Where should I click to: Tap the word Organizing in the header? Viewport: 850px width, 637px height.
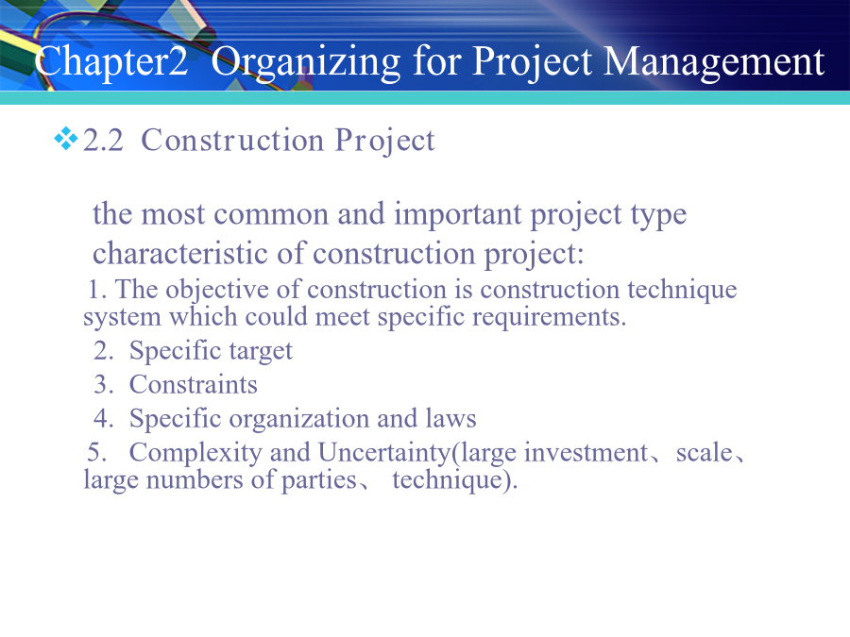[306, 62]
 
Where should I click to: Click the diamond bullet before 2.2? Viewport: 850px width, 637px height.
[65, 139]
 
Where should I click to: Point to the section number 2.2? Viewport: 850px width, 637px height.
[103, 141]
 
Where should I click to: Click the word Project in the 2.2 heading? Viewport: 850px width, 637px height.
[385, 142]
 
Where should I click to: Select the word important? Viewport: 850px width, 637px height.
[458, 214]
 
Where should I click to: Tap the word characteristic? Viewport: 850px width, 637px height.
[180, 254]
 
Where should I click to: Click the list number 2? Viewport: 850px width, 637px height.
[103, 350]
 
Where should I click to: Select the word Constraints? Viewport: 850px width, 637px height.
[193, 385]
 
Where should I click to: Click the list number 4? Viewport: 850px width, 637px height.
[103, 419]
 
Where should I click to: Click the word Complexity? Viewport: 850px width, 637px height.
[195, 453]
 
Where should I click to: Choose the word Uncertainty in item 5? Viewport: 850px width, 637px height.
[384, 453]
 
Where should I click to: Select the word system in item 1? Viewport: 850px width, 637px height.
[122, 318]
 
